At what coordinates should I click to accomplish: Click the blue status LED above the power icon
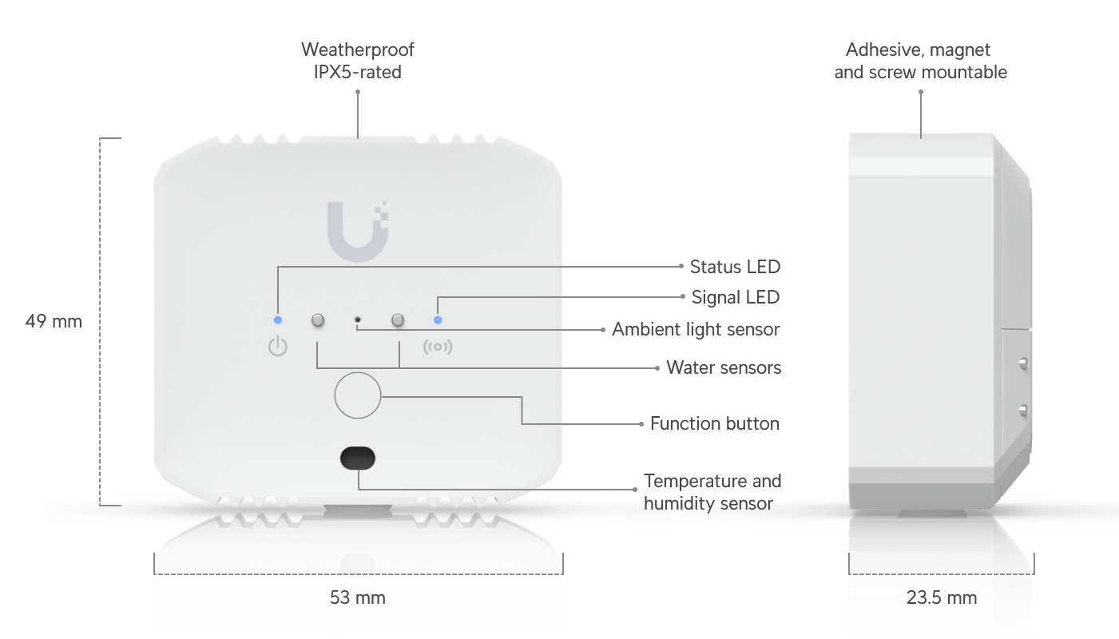click(x=277, y=320)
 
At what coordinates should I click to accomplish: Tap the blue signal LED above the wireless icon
click(x=437, y=320)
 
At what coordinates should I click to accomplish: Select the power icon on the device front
click(x=277, y=347)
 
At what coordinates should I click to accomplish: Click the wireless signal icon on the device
click(x=437, y=347)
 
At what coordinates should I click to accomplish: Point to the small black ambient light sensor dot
click(x=357, y=320)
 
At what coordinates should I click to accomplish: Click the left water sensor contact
click(x=317, y=320)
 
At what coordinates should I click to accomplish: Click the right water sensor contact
click(x=397, y=320)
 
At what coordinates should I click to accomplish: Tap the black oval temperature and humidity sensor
click(x=357, y=458)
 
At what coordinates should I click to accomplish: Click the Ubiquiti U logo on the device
click(x=357, y=231)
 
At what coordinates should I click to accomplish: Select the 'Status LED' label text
click(x=734, y=267)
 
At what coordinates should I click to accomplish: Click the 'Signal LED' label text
click(x=735, y=298)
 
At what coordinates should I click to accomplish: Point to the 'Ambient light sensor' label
click(x=696, y=329)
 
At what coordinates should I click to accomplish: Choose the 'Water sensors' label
click(x=724, y=367)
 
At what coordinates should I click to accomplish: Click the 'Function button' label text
click(x=714, y=423)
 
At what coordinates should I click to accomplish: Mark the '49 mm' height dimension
click(x=54, y=321)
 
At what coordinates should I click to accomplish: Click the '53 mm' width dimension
click(x=357, y=597)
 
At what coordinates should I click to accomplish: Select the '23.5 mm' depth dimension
click(x=941, y=597)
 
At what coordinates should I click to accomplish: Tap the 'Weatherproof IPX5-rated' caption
click(x=357, y=61)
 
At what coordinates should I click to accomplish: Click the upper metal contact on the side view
click(x=1022, y=363)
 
